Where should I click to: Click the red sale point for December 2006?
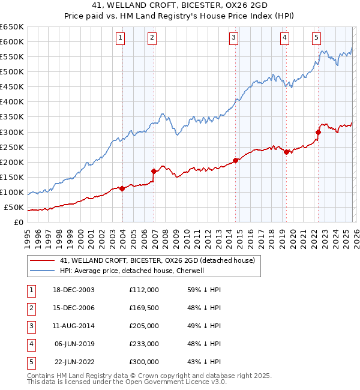[x=154, y=171]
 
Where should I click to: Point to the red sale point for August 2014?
[x=236, y=160]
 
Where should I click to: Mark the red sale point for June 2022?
[x=319, y=132]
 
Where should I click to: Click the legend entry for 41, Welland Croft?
[x=157, y=260]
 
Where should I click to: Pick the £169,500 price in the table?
[x=143, y=308]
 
